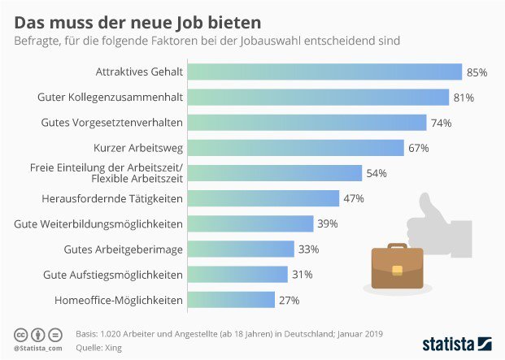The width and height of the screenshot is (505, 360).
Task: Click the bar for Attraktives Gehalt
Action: pos(325,72)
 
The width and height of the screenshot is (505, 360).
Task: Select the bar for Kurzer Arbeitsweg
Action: pos(296,148)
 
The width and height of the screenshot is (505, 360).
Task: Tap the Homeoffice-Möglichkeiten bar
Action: pos(232,300)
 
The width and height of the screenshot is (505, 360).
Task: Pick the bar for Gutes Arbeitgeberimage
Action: pos(242,249)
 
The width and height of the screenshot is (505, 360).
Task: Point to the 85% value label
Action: pos(477,72)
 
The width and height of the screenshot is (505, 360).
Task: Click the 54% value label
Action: pos(377,173)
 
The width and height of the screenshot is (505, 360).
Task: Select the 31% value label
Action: pos(302,275)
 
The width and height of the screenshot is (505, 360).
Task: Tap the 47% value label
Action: pos(354,198)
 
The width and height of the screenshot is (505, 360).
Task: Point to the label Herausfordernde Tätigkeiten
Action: pos(112,198)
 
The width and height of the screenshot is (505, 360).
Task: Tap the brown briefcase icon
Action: pos(397,267)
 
